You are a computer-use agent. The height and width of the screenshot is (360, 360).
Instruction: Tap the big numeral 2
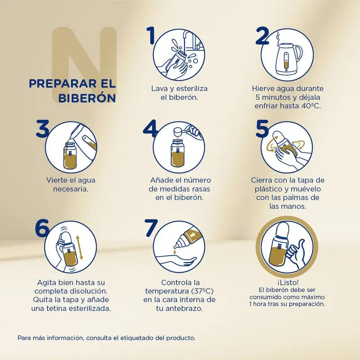pos(262,36)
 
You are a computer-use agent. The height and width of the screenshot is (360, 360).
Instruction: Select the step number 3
pos(43,129)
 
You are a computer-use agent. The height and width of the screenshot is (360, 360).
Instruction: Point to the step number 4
pos(150,129)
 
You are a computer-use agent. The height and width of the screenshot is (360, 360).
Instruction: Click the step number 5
pos(262,129)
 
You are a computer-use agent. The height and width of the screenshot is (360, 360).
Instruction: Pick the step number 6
pos(42,228)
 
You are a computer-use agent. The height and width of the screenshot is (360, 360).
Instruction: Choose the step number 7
pos(151,228)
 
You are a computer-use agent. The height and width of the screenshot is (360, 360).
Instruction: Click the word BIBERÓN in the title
pos(87,98)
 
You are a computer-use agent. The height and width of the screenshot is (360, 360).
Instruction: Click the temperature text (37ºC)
pos(202,291)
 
